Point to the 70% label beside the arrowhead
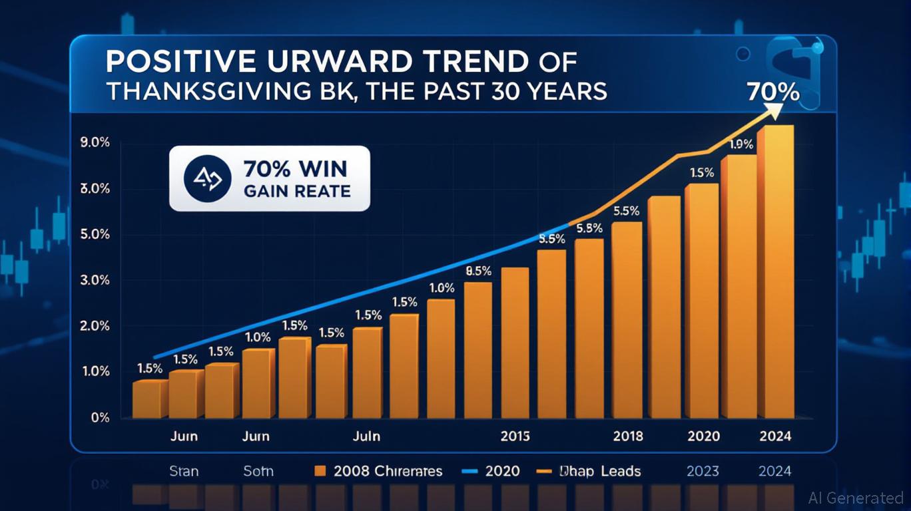coord(772,91)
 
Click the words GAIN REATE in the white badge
coord(297,192)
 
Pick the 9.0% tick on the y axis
coord(95,144)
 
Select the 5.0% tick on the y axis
coord(95,235)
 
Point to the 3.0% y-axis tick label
coord(95,281)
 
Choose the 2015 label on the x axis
coord(515,436)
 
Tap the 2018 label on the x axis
coord(628,436)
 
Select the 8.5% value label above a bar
coord(479,271)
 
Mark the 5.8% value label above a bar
coord(589,228)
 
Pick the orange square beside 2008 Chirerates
coord(320,472)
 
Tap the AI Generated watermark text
coord(856,498)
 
